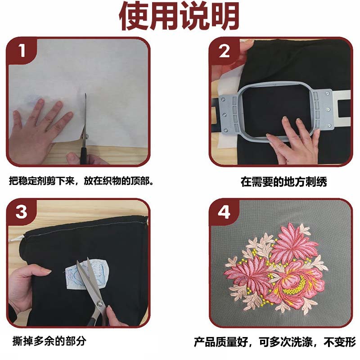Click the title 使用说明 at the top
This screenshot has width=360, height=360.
click(x=179, y=15)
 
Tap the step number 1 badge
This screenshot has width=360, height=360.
click(x=22, y=50)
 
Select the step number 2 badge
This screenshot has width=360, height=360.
click(x=224, y=51)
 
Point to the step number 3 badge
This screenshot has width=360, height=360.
click(x=21, y=212)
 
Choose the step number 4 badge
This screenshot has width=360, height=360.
click(x=224, y=212)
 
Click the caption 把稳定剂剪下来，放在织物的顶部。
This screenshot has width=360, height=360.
click(x=81, y=181)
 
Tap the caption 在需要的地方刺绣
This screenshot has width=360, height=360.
click(x=284, y=182)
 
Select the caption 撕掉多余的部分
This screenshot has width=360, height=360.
click(x=49, y=341)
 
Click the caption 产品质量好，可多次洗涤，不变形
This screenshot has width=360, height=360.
click(x=275, y=342)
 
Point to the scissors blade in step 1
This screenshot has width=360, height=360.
click(x=85, y=119)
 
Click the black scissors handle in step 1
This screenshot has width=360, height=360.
click(x=83, y=156)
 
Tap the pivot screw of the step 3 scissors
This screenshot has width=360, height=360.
click(x=100, y=304)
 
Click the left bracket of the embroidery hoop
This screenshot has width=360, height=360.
click(x=228, y=113)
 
